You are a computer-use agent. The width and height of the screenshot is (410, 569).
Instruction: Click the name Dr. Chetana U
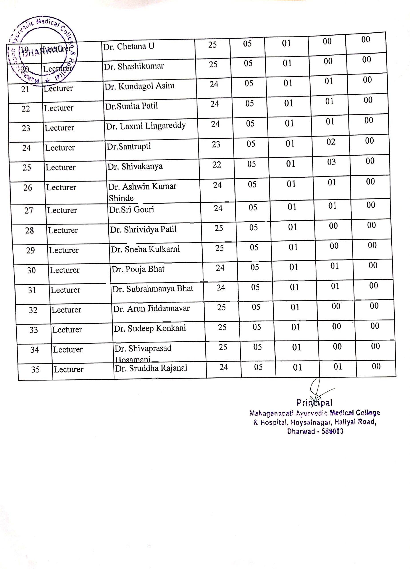pyautogui.click(x=129, y=46)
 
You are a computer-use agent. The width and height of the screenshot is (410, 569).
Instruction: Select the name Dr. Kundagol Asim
pyautogui.click(x=139, y=86)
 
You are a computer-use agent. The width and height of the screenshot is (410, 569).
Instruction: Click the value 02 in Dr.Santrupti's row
pyautogui.click(x=331, y=142)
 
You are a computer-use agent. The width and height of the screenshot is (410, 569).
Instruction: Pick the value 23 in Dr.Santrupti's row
pyautogui.click(x=216, y=144)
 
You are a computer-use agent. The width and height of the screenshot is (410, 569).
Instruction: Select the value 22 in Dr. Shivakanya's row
pyautogui.click(x=217, y=164)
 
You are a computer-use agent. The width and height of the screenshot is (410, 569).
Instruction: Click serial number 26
pyautogui.click(x=28, y=187)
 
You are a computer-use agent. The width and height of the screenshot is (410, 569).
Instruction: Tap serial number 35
pyautogui.click(x=35, y=369)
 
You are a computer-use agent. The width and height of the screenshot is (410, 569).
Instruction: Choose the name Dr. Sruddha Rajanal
pyautogui.click(x=151, y=368)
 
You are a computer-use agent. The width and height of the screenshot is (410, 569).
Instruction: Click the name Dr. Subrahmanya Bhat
pyautogui.click(x=152, y=289)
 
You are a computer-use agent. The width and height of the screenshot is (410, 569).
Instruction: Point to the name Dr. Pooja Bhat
pyautogui.click(x=138, y=269)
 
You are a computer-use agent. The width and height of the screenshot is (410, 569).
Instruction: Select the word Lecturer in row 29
pyautogui.click(x=64, y=250)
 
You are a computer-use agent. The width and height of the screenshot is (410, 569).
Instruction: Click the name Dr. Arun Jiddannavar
pyautogui.click(x=151, y=309)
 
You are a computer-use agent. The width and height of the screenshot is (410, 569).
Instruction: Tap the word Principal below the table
pyautogui.click(x=314, y=403)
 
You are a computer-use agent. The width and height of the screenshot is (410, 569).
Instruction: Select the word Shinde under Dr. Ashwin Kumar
pyautogui.click(x=121, y=198)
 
